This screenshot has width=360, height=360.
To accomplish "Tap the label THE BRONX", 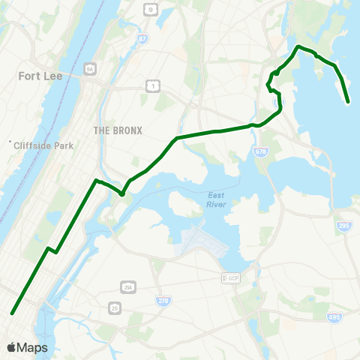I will (118, 130).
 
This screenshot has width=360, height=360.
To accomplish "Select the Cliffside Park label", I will (44, 145).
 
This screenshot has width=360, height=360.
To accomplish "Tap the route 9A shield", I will (91, 68).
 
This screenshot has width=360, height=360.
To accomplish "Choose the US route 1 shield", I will (154, 87).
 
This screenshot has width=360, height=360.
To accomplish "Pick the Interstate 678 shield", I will (260, 152).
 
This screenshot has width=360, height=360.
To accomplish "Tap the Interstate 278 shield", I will (163, 300).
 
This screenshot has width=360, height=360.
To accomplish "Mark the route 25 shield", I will (115, 307).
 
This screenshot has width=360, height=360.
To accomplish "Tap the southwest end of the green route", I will (12, 313).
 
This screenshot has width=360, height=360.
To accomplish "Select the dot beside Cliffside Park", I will (10, 142).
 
